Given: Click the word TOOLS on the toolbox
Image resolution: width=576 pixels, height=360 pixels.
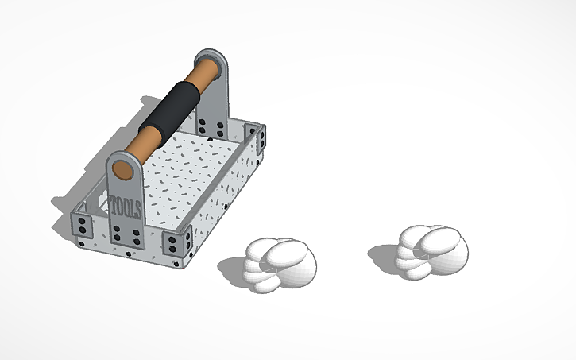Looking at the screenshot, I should [x=126, y=208].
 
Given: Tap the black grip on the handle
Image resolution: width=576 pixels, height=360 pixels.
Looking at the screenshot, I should [x=168, y=110].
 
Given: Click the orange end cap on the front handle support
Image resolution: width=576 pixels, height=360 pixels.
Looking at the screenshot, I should [x=123, y=169].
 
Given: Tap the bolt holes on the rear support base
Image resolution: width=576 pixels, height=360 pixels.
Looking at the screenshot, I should [x=211, y=126].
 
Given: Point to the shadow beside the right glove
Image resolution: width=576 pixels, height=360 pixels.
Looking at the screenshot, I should [x=381, y=254].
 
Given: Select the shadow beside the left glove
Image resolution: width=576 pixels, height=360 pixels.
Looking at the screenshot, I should [x=230, y=270].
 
